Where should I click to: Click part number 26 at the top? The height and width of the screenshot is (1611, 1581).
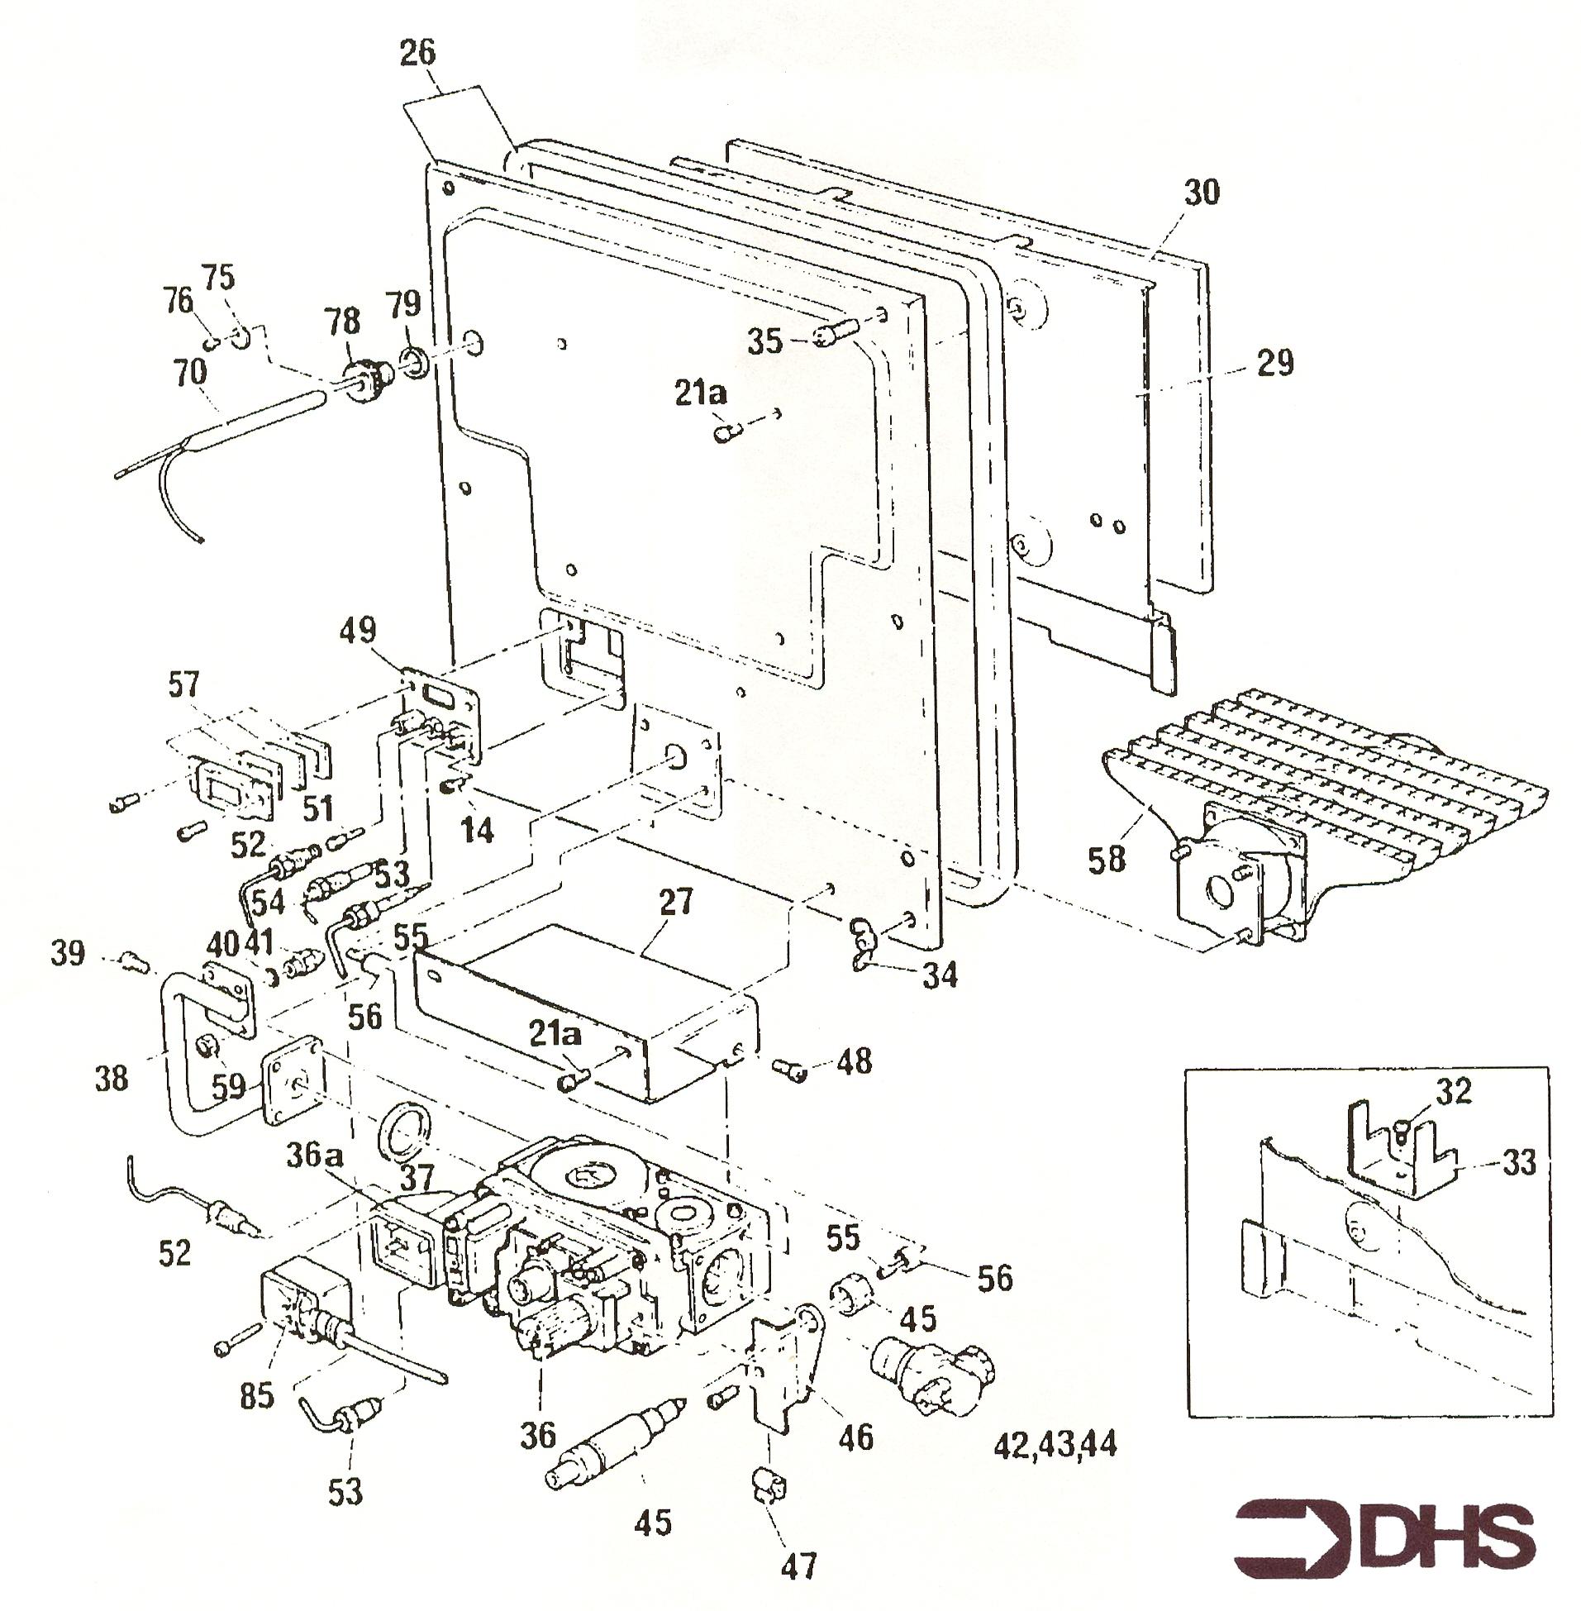click(x=417, y=53)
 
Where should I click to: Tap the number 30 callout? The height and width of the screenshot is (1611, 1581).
click(x=1202, y=193)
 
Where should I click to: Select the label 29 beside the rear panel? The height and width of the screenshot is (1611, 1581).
click(x=1275, y=363)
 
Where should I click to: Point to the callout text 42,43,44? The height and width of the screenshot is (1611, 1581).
click(x=1055, y=1446)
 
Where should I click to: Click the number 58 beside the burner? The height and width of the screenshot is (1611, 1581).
click(x=1107, y=859)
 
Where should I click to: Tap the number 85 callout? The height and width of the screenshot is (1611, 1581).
click(x=255, y=1396)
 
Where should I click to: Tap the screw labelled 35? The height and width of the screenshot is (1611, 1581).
click(x=829, y=334)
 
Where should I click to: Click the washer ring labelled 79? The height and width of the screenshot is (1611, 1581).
click(x=413, y=360)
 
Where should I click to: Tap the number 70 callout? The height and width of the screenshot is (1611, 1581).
click(x=189, y=372)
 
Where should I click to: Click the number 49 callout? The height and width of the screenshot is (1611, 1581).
click(x=357, y=630)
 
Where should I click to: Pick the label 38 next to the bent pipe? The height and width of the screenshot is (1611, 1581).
click(x=111, y=1079)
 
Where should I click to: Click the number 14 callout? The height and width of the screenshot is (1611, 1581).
click(x=477, y=830)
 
